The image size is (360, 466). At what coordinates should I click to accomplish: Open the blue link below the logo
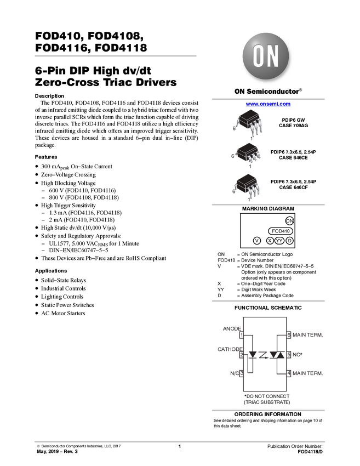tap(268, 105)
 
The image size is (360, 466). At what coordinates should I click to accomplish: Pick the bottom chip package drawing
tap(248, 184)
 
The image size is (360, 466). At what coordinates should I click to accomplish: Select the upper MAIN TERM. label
tap(308, 334)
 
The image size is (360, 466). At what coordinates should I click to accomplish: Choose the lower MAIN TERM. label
tap(308, 374)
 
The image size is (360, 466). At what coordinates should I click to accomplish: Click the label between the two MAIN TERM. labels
tap(298, 355)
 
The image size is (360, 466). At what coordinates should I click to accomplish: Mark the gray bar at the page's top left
tap(115, 56)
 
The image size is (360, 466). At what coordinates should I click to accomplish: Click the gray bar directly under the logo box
tap(268, 99)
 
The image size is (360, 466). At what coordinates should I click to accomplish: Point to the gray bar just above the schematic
tap(268, 301)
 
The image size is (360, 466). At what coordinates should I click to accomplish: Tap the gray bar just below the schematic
tap(268, 410)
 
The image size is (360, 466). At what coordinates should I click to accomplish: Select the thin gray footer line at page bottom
tap(180, 441)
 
